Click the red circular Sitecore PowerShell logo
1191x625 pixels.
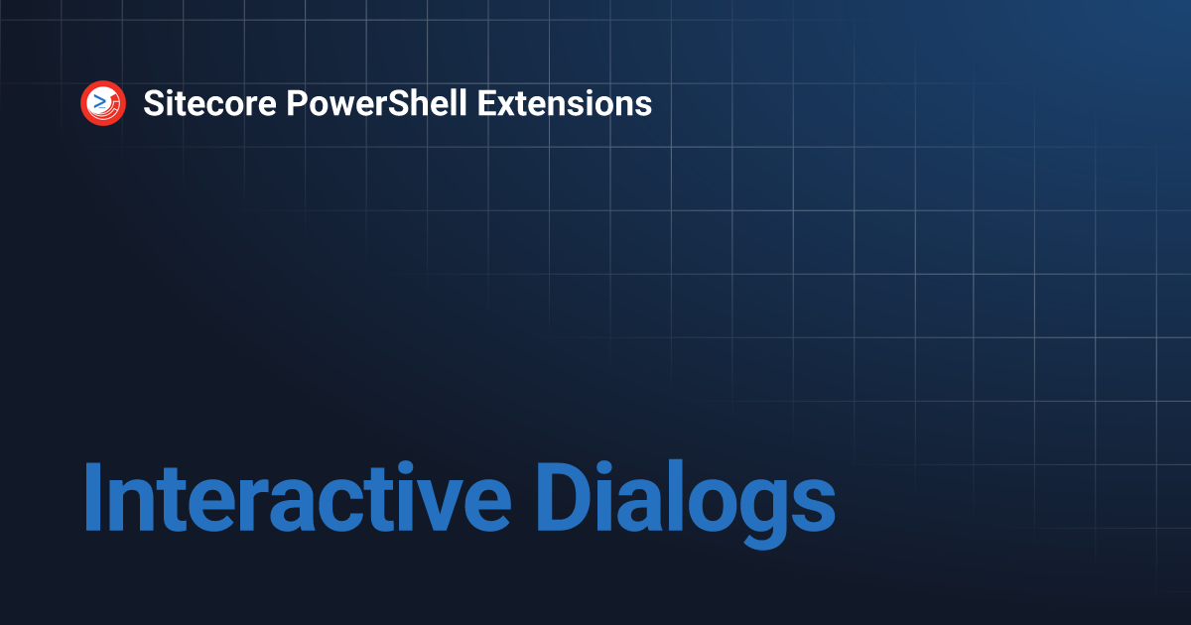103,103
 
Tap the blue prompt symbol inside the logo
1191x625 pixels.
99,101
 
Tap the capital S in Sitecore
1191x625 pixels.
153,103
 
